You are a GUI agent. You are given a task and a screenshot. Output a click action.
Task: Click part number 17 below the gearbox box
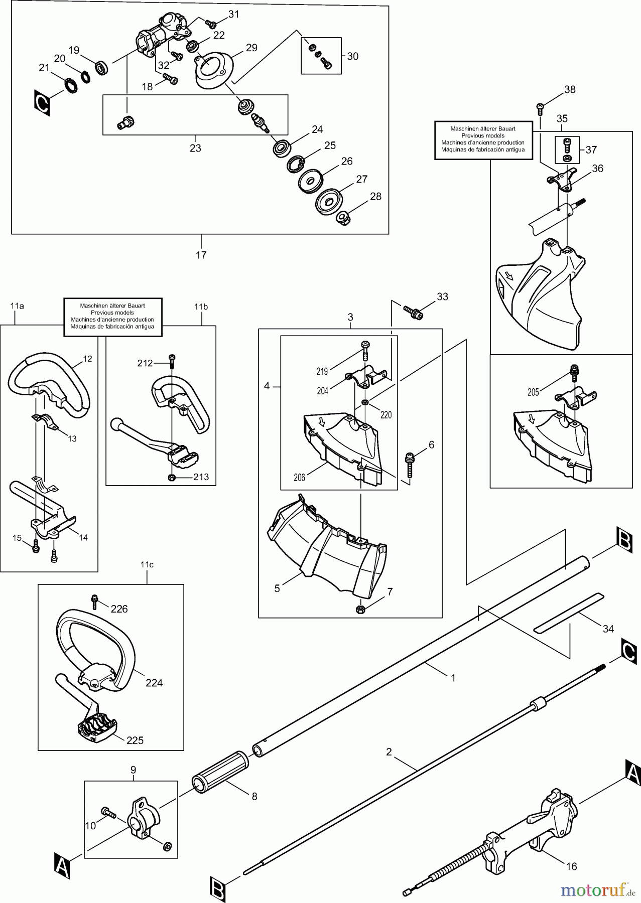[201, 255]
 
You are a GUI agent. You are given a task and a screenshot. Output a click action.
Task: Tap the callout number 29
[251, 48]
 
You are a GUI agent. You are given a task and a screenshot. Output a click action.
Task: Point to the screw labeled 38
[541, 106]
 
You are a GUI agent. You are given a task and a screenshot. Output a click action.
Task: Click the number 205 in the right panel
[533, 392]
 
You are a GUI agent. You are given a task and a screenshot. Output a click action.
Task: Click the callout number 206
[299, 478]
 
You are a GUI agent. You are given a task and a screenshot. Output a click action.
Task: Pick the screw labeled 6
[410, 464]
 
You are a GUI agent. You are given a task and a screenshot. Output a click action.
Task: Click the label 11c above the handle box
[147, 564]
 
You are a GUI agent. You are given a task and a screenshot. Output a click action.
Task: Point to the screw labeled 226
[94, 599]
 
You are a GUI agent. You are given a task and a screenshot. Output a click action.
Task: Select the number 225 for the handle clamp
[135, 740]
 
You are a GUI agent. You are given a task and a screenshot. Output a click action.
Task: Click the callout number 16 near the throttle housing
[571, 866]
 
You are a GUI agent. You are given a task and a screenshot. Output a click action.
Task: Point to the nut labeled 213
[172, 477]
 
